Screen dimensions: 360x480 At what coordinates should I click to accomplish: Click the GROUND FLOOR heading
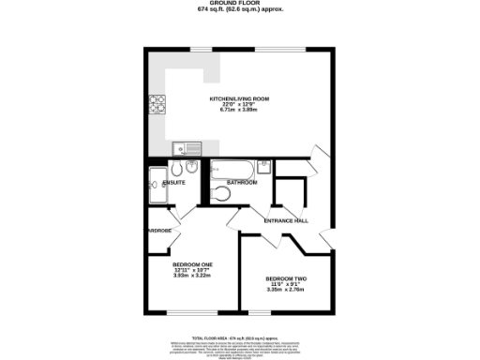(x=241, y=5)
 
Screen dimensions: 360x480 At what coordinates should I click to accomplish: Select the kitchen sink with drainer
(x=186, y=147)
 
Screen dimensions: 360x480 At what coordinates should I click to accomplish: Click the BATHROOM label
(x=242, y=182)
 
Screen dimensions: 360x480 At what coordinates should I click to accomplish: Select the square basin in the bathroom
(x=264, y=168)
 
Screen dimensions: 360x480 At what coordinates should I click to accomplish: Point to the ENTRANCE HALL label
(x=285, y=220)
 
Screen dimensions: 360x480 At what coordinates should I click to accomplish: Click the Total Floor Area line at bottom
(x=240, y=337)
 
